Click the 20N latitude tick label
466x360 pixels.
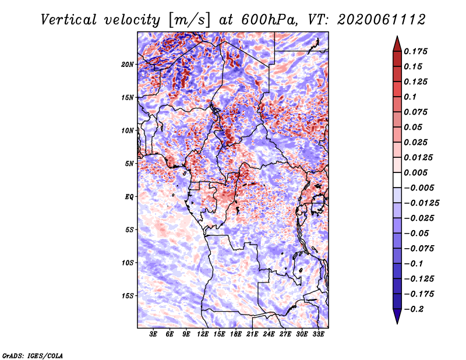[128, 65]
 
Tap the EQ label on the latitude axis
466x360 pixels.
[129, 197]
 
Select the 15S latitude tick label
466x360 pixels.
[128, 296]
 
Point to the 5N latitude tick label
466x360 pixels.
[129, 164]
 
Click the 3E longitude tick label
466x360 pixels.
[153, 334]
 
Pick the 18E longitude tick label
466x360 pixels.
[236, 334]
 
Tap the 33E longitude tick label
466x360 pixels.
[318, 334]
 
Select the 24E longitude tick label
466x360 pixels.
[269, 334]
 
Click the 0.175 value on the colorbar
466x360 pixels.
[415, 51]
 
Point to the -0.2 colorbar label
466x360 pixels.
[414, 309]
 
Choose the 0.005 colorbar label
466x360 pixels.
[415, 172]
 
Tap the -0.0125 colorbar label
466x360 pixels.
[421, 203]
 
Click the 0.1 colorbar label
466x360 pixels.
[410, 97]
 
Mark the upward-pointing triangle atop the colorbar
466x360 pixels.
[397, 44]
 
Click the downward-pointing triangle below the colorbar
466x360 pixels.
[397, 316]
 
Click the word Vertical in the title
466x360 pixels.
[69, 20]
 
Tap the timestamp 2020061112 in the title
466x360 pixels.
[382, 20]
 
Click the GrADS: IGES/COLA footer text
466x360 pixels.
[33, 356]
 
